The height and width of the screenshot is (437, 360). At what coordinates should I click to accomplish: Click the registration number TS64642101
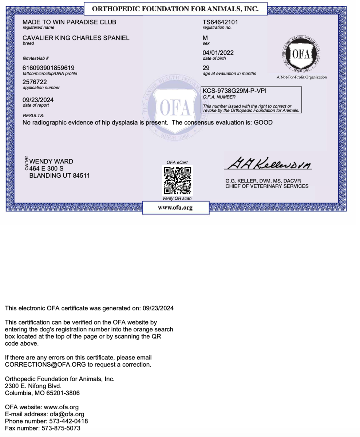220,22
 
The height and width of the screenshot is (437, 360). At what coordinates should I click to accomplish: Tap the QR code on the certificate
177,180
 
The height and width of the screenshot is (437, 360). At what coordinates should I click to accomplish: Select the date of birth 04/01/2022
218,53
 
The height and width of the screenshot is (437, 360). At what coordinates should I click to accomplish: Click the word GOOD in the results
263,122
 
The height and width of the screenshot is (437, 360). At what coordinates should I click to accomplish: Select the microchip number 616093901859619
48,68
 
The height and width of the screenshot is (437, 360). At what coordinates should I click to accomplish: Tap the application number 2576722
35,82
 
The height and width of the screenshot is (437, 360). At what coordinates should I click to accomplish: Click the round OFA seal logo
301,55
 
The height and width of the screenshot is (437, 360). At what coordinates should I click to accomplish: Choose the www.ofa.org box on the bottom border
175,208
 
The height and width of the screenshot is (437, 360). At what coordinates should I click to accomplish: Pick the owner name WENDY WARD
51,161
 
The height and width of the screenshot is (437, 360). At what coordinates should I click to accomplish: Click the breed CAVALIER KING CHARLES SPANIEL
76,38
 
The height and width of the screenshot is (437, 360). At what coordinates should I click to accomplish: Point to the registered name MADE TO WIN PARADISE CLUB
69,22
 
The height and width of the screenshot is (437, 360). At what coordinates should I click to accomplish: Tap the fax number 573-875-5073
61,428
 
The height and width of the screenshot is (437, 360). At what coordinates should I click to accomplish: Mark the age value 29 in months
206,68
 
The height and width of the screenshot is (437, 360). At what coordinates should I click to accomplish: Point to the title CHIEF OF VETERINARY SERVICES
267,186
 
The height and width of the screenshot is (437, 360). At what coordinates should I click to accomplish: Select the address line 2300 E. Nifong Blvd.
33,386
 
